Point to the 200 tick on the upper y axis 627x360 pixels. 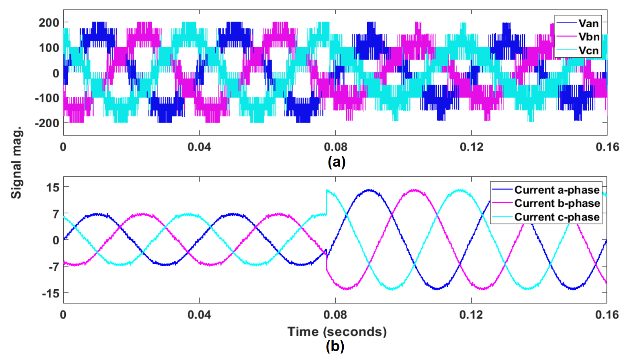click(49, 23)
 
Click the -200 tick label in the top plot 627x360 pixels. click(47, 123)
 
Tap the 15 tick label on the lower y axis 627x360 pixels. click(53, 187)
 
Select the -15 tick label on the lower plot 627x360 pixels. click(51, 293)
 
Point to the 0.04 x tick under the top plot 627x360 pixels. click(199, 147)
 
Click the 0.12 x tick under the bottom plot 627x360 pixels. click(471, 315)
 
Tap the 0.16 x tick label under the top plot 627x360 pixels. click(607, 147)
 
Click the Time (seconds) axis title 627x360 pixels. click(337, 332)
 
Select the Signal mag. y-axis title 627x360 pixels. click(16, 163)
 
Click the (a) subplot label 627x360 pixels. click(336, 162)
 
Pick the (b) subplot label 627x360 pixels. click(335, 346)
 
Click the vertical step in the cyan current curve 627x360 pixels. click(326, 202)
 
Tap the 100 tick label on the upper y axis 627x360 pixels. click(49, 48)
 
